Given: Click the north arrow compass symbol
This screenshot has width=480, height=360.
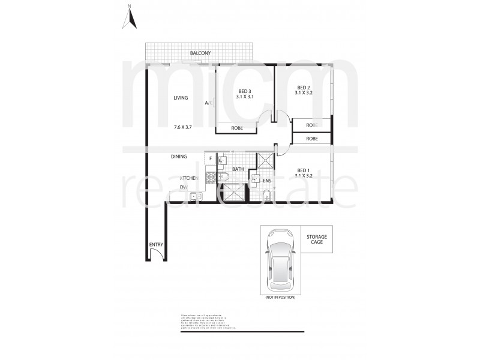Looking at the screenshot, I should pyautogui.click(x=129, y=18).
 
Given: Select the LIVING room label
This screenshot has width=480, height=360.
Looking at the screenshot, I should pyautogui.click(x=181, y=98).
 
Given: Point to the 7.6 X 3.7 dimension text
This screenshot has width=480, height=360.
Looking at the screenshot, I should pyautogui.click(x=182, y=127).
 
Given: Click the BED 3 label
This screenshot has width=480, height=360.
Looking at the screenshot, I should pyautogui.click(x=244, y=91).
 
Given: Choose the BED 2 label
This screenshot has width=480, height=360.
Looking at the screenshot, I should pyautogui.click(x=303, y=86).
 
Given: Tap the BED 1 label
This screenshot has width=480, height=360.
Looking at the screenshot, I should pyautogui.click(x=304, y=170).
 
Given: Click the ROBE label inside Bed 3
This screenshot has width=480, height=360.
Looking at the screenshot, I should pyautogui.click(x=236, y=128).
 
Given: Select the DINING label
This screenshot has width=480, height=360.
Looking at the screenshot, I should pyautogui.click(x=179, y=157).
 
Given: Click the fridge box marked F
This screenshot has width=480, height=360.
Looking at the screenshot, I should pyautogui.click(x=210, y=158).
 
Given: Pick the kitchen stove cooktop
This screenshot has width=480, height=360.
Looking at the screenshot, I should pyautogui.click(x=211, y=178).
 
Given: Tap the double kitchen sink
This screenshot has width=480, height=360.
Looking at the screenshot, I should pyautogui.click(x=196, y=196).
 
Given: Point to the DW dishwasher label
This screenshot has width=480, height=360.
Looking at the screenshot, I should pyautogui.click(x=183, y=187).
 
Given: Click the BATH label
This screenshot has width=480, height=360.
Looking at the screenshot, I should pyautogui.click(x=238, y=169).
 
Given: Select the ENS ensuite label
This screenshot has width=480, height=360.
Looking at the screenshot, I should pyautogui.click(x=268, y=180).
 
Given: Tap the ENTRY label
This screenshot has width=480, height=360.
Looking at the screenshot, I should pyautogui.click(x=155, y=245).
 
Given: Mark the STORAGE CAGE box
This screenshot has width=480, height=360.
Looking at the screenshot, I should pyautogui.click(x=316, y=239).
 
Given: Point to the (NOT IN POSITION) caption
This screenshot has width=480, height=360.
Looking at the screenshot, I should pyautogui.click(x=280, y=297).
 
